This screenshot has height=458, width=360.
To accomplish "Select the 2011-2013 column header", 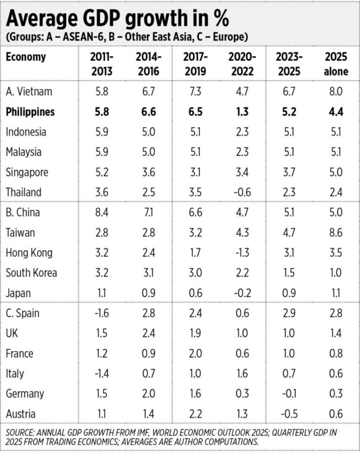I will point(102,64).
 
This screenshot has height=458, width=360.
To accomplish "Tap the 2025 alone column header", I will point(336,64).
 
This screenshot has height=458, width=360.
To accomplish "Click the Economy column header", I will point(26,57).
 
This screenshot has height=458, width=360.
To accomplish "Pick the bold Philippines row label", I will point(30,112).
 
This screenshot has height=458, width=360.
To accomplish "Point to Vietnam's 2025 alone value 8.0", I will point(336,91).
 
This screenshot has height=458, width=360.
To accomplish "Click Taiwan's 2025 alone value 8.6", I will point(336,233).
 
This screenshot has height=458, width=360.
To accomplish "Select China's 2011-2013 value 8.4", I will point(102,212).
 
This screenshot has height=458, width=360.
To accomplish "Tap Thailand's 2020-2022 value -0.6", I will point(241,192).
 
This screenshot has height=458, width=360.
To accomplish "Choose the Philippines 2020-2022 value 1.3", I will point(241,112).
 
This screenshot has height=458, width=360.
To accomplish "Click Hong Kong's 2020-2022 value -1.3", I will point(241,253).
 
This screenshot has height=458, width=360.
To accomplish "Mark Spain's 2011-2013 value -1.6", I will point(101,313).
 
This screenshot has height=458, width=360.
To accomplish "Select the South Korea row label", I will point(31,273).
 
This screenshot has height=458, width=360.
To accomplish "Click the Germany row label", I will point(25,394).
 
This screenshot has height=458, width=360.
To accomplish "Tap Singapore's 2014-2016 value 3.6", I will point(147,172).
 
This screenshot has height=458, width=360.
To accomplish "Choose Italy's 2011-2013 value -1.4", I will point(101,374).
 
